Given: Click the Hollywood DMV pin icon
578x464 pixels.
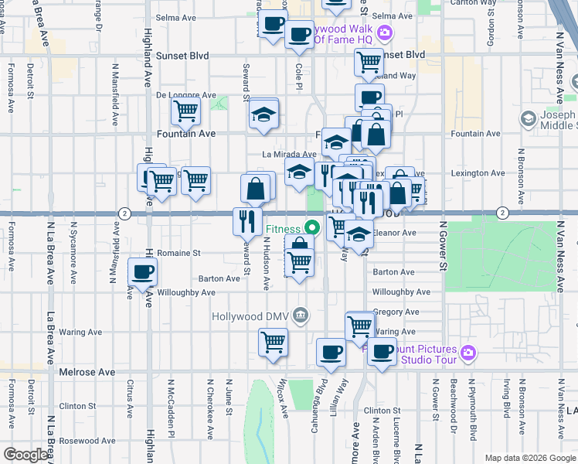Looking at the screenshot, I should [301, 315].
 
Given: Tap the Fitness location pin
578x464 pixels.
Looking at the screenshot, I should [312, 228].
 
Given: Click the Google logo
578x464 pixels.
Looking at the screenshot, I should [25, 455].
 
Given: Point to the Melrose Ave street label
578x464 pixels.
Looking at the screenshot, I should [87, 372].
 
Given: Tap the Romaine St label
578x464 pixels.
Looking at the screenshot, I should [178, 253].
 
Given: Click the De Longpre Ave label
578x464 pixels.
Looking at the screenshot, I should [186, 95].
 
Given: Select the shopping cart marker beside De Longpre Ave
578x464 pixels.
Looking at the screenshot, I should [185, 111].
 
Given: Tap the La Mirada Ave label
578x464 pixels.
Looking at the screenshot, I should [289, 155].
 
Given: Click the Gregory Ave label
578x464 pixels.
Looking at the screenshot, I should [395, 312].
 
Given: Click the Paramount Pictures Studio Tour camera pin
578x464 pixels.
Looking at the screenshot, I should [467, 353].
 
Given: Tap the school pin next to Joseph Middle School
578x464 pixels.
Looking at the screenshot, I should [529, 118].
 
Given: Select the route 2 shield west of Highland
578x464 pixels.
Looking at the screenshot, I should [124, 213].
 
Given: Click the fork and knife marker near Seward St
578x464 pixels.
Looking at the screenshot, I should [247, 221].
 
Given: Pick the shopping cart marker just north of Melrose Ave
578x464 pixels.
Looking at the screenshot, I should [273, 341].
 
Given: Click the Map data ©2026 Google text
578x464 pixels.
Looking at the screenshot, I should [530, 458].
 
